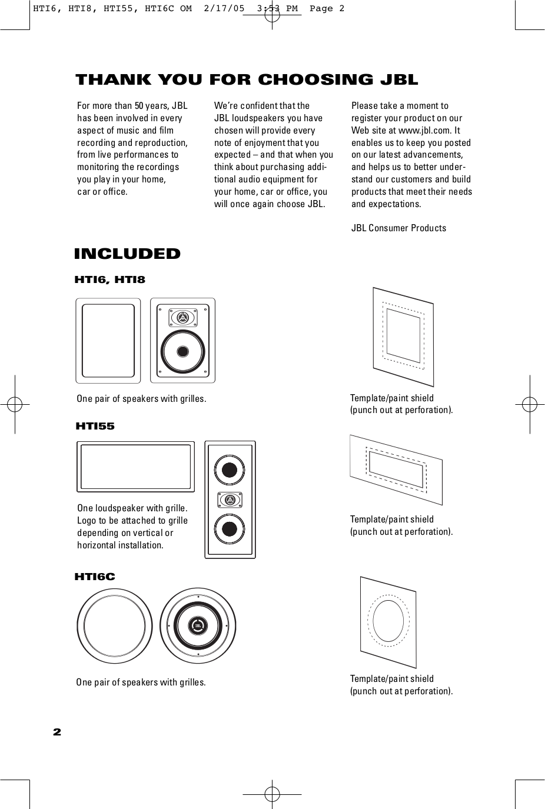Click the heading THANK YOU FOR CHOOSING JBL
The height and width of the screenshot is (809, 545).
(x=247, y=79)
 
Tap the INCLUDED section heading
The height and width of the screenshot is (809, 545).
(x=127, y=254)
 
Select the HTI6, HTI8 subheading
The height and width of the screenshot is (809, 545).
(x=109, y=280)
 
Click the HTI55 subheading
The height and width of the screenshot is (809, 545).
(x=95, y=426)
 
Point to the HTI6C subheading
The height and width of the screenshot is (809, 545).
(x=95, y=577)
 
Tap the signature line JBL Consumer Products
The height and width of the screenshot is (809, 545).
(x=398, y=228)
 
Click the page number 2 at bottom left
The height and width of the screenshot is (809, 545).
(x=57, y=733)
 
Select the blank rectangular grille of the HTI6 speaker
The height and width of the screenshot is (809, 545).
(x=108, y=340)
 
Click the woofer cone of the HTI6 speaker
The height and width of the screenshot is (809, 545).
(x=183, y=352)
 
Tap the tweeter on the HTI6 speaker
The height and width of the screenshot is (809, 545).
(x=183, y=318)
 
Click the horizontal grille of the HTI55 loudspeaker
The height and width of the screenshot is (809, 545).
(x=135, y=467)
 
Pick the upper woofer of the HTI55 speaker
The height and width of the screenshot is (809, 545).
(x=230, y=470)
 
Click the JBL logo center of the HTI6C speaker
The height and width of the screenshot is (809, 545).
(x=198, y=625)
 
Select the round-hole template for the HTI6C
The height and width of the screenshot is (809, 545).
(x=388, y=621)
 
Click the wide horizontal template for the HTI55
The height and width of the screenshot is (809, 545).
(x=396, y=469)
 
